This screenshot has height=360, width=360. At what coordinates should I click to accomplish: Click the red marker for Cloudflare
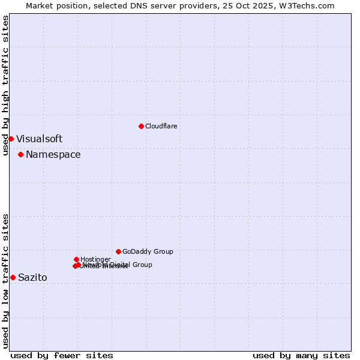click(141, 126)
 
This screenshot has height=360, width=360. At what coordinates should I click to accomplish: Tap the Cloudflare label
click(161, 126)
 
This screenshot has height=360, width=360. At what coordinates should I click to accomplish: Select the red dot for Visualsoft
click(11, 139)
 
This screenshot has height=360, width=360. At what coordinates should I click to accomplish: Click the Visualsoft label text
click(39, 139)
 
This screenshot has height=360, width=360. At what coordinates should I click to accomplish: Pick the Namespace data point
click(20, 154)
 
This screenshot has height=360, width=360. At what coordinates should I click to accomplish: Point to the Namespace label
click(53, 154)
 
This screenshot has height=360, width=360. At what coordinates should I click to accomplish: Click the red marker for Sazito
click(13, 277)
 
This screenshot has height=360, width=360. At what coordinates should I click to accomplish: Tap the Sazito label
click(32, 277)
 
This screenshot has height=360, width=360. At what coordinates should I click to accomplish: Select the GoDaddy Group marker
click(118, 251)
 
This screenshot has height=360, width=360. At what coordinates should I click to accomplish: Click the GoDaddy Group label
click(148, 251)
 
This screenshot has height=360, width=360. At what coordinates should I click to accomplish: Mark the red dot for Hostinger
click(76, 259)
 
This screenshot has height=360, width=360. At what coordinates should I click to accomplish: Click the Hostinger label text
click(95, 259)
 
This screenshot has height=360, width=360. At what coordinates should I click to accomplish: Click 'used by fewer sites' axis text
click(62, 355)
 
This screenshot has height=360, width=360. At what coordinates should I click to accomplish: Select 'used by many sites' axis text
click(301, 355)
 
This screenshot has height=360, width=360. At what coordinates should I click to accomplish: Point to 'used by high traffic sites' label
click(5, 85)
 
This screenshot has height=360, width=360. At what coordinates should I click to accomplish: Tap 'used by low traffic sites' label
click(5, 280)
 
